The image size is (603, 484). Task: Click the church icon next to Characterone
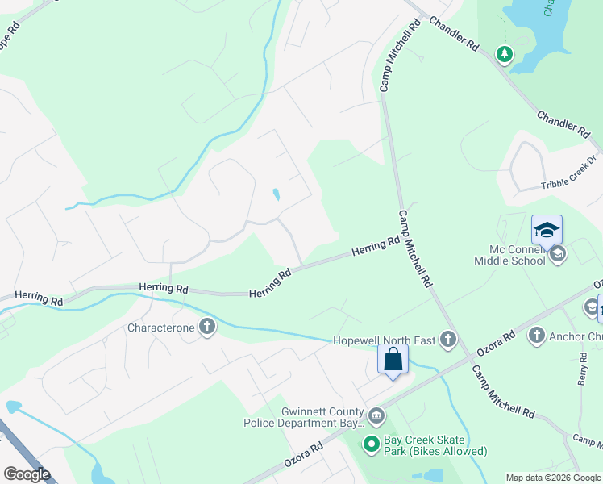point(207,328)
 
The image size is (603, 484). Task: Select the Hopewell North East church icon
point(447,340)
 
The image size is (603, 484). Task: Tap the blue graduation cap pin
point(547,230)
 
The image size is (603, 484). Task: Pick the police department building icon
point(376,415)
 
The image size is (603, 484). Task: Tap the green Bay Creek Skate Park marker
point(371,444)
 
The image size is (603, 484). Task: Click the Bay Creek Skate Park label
point(435,445)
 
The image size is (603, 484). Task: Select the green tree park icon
point(505,54)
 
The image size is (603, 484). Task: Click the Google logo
point(27,474)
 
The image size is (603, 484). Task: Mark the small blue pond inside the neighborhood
point(276,194)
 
